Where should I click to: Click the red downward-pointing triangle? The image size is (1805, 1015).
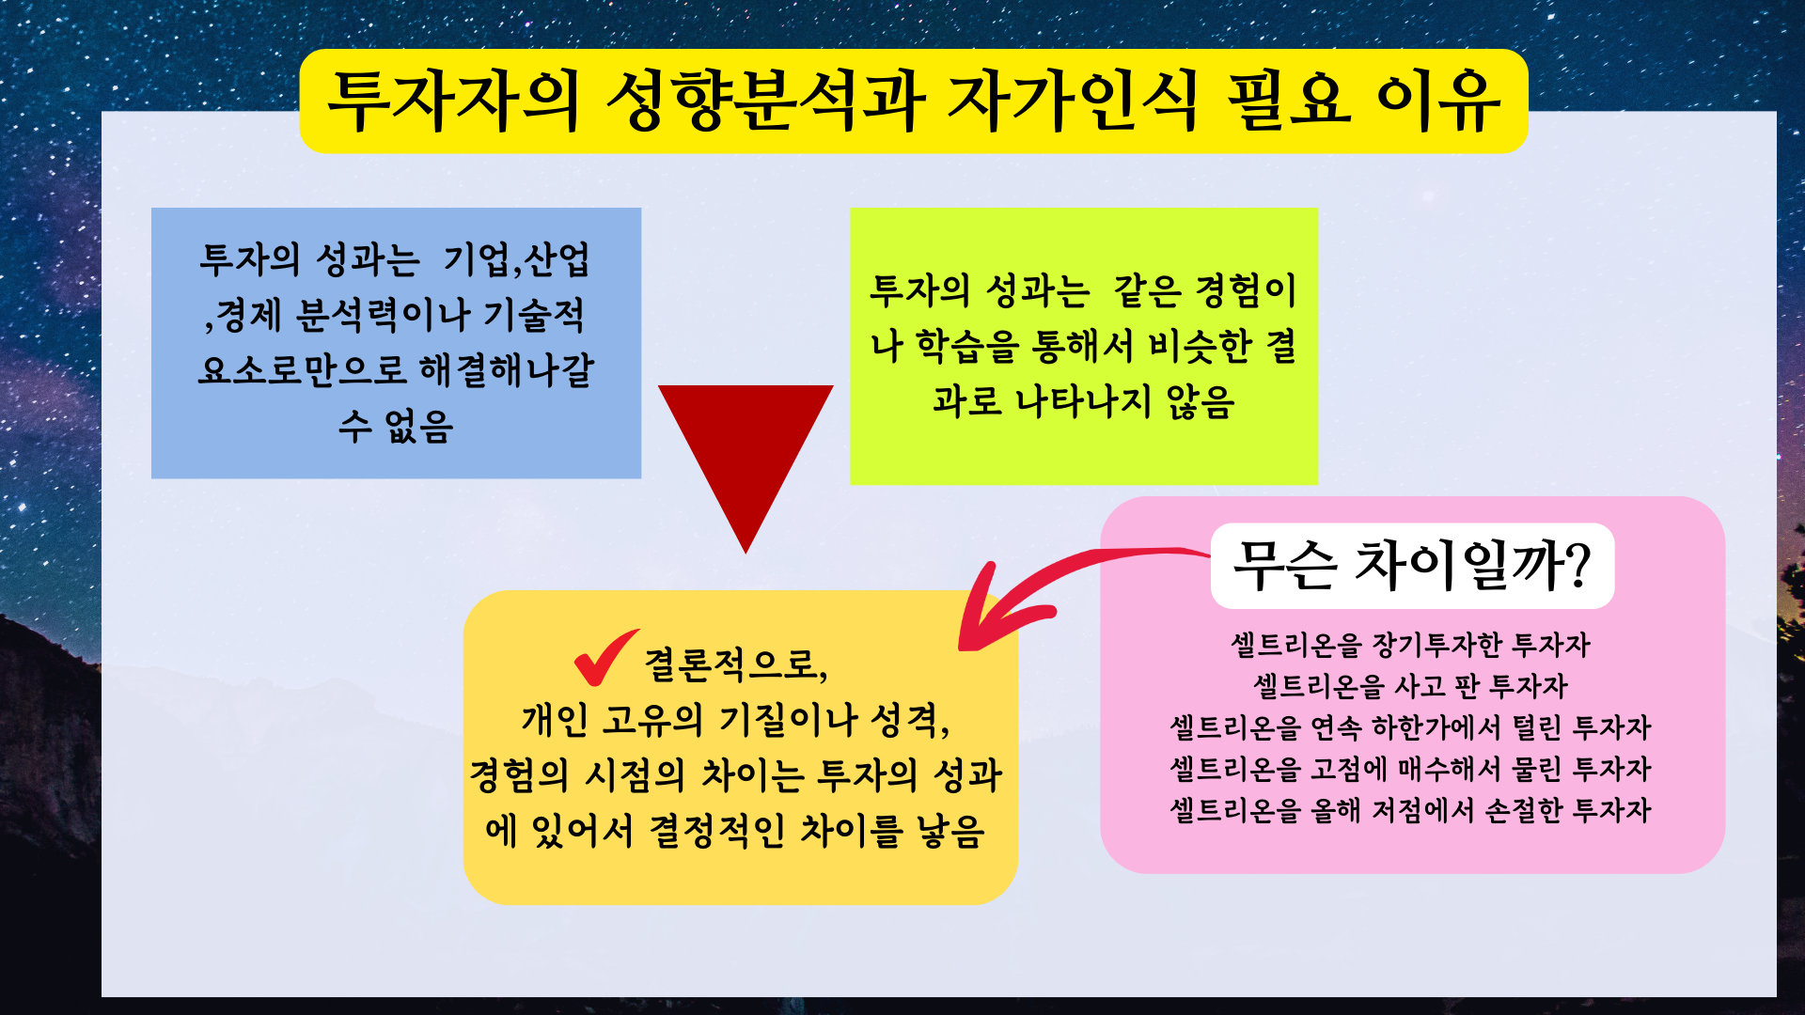[x=746, y=451]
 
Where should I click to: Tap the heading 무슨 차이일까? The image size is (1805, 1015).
[x=1411, y=566]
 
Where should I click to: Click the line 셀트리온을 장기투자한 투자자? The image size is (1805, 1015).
[x=1410, y=645]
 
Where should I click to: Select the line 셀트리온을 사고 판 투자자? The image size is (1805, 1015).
[x=1410, y=686]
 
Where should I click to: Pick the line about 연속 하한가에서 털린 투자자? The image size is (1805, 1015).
[x=1410, y=727]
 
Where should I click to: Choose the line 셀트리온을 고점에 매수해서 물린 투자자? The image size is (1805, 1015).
[x=1410, y=769]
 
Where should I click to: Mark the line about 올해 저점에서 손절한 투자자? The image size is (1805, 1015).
[x=1410, y=810]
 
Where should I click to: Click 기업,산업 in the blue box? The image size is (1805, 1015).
[x=516, y=259]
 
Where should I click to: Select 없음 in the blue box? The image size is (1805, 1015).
[x=419, y=426]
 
